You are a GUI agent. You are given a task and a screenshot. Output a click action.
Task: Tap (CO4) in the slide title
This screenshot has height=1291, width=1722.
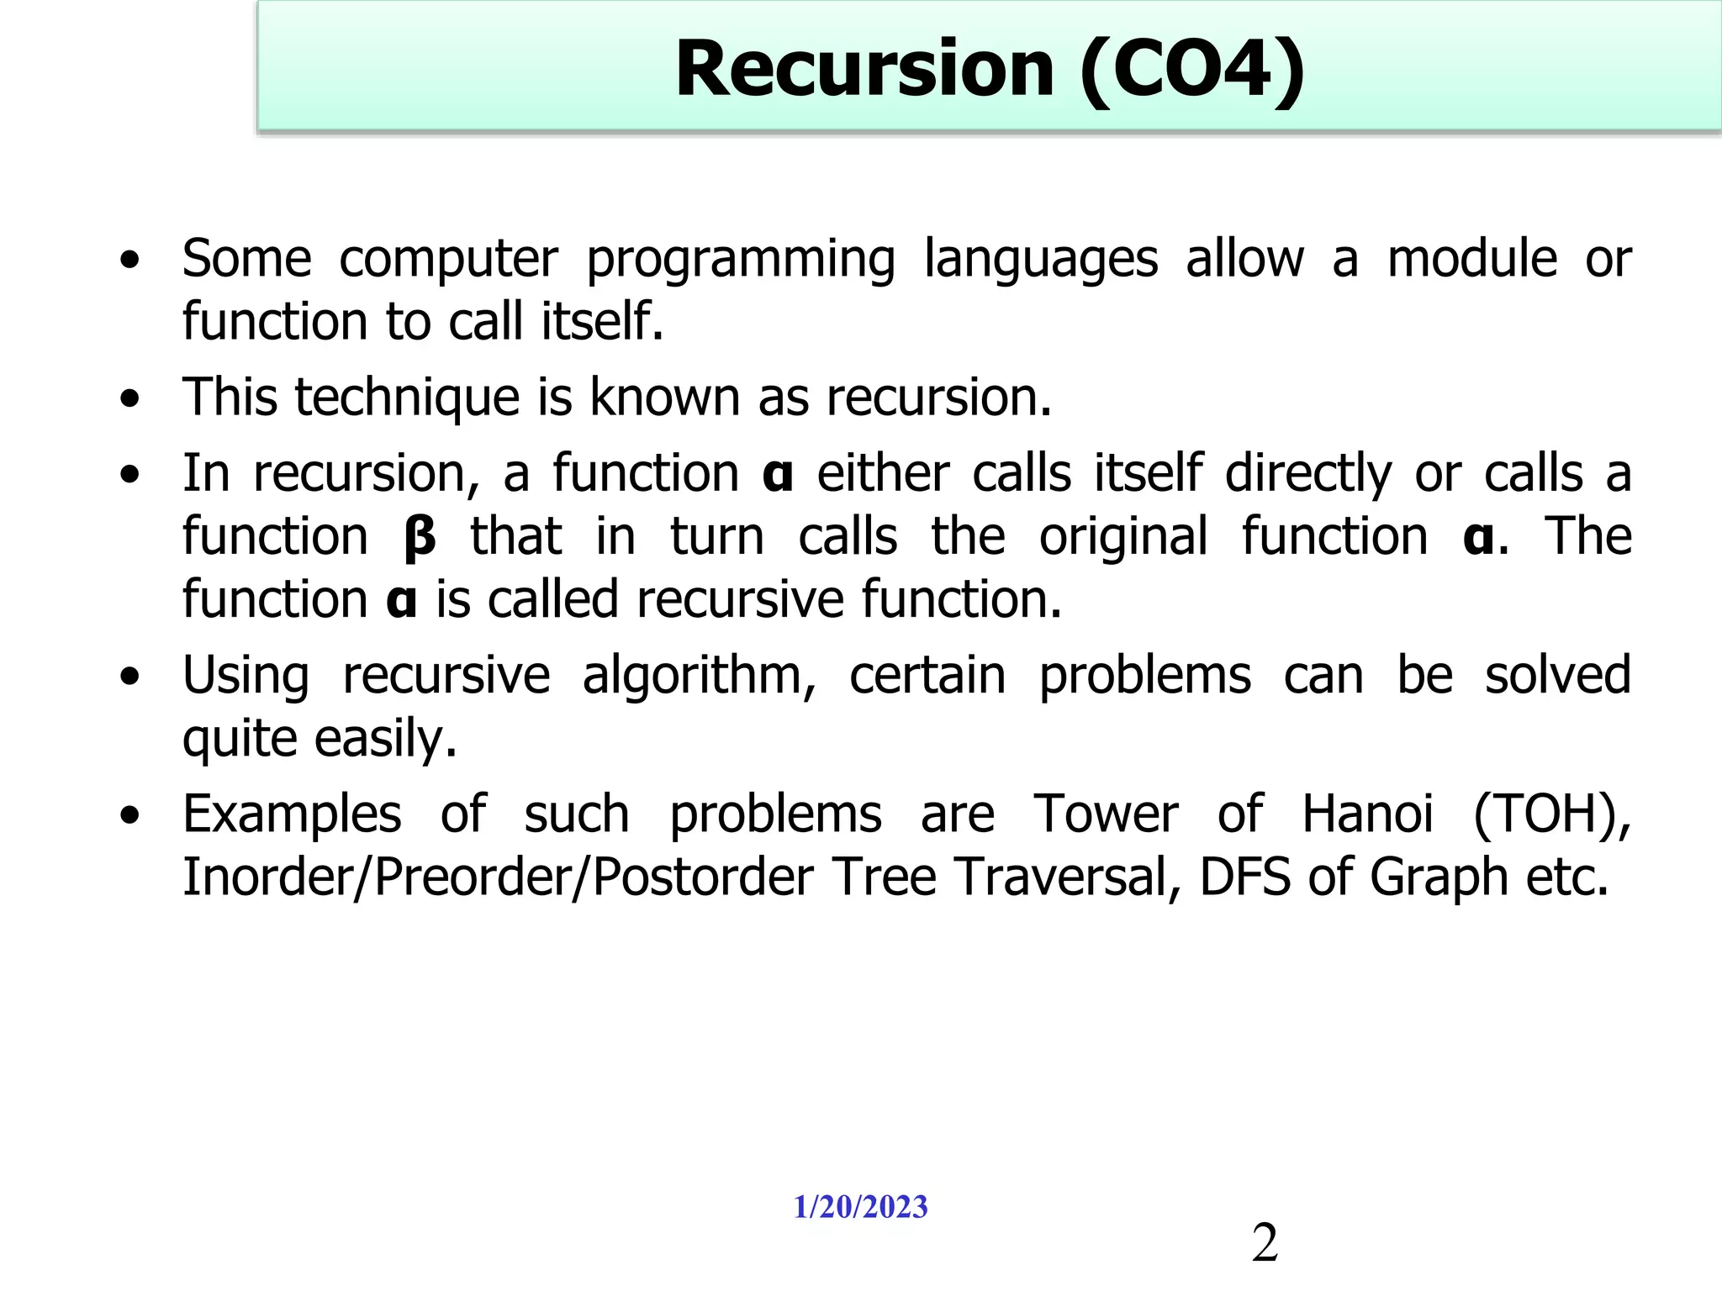1192,71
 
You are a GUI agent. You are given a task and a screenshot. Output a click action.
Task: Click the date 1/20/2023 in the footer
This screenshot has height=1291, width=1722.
860,1207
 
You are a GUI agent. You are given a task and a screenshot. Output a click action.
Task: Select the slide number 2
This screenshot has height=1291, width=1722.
1265,1243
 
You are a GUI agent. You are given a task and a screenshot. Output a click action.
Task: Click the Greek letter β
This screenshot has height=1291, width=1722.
420,538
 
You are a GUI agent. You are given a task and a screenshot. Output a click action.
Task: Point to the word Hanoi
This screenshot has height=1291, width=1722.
1367,814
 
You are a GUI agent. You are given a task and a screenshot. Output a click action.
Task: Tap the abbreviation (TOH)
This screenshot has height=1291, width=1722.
1551,814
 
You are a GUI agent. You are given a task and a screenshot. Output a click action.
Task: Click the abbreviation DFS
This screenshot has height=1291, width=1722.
1245,877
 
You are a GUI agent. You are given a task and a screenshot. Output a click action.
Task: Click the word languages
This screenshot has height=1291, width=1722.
1041,260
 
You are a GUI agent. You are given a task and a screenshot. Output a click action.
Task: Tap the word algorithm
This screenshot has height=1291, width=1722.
699,677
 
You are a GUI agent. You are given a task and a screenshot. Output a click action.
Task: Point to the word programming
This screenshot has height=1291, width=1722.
740,260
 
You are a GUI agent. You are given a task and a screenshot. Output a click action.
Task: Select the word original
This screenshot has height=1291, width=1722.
1123,536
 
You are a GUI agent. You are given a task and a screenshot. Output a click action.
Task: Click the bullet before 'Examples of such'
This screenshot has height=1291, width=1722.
129,814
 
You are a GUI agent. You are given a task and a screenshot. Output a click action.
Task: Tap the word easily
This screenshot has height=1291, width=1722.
386,740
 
